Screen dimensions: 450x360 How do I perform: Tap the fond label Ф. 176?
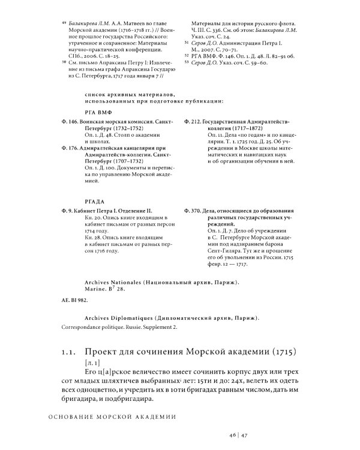70,148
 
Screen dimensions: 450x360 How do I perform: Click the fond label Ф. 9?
67,211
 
